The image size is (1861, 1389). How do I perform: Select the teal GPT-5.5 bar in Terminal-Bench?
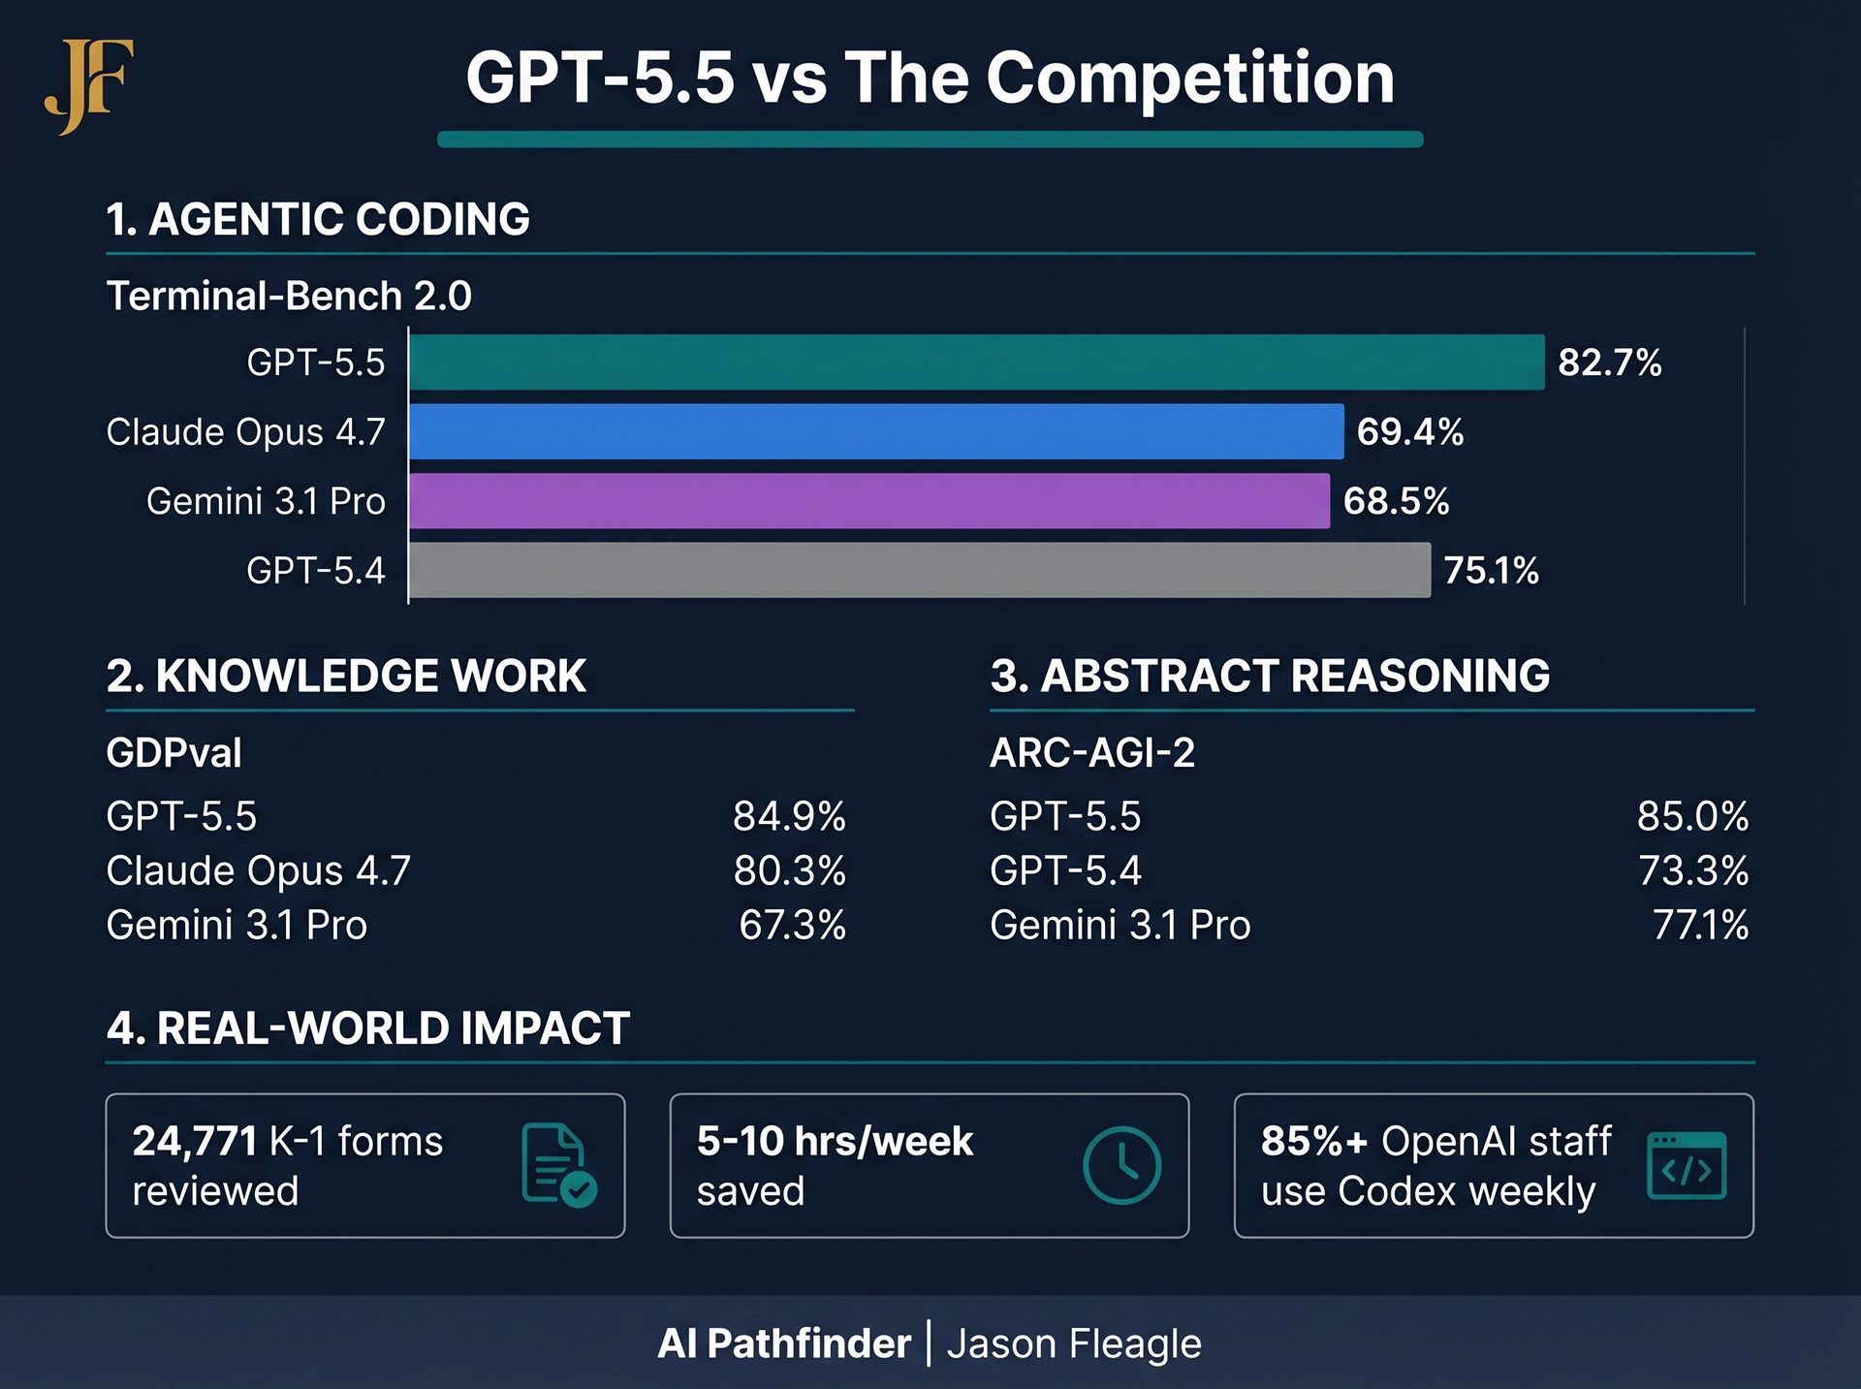(x=976, y=363)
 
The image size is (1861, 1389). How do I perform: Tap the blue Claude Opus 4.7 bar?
(x=876, y=431)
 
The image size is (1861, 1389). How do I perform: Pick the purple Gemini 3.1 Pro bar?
(x=869, y=501)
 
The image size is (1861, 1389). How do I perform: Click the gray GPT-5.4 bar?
(x=919, y=570)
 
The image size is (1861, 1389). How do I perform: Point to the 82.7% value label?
(x=1609, y=363)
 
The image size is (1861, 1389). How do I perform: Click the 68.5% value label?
(x=1396, y=501)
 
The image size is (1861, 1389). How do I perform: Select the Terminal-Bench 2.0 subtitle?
(x=289, y=296)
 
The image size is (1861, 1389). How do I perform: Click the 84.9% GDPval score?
(x=789, y=816)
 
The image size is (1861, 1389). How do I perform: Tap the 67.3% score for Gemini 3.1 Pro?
(x=792, y=925)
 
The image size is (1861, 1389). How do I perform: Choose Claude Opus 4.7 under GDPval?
(x=258, y=870)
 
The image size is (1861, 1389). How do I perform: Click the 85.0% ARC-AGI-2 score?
(x=1692, y=816)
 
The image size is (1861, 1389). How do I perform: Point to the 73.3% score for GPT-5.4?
(x=1692, y=870)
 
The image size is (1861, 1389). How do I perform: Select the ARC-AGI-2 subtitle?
(x=1092, y=753)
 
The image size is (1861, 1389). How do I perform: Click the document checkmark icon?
(x=558, y=1164)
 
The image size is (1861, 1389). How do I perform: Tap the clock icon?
(x=1121, y=1165)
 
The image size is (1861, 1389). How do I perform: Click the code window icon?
(x=1687, y=1165)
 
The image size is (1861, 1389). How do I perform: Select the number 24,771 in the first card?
(x=195, y=1141)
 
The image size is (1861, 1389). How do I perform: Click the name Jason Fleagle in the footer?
(x=1074, y=1344)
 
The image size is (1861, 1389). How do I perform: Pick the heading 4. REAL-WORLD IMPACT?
(x=368, y=1028)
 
